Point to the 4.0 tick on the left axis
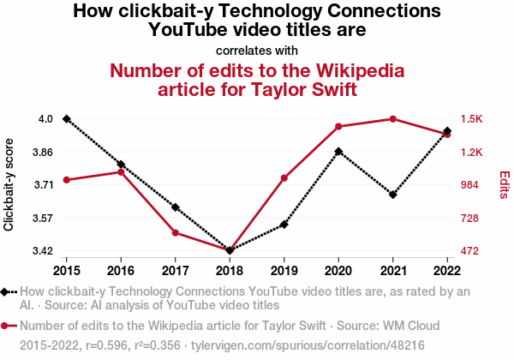45,118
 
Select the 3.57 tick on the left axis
42,218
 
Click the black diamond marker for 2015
66,118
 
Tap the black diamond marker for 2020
338,152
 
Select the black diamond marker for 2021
393,195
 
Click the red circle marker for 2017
175,233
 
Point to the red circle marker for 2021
393,118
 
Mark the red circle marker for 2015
66,179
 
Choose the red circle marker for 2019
284,177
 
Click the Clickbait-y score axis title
9,184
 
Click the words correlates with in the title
257,49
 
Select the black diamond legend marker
7,291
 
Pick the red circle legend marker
7,326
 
